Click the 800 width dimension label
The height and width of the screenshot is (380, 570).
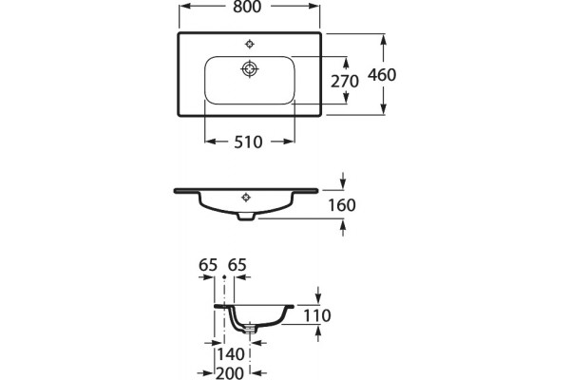[247, 7]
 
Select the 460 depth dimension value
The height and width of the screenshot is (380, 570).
[382, 75]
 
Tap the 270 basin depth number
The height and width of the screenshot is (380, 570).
[345, 82]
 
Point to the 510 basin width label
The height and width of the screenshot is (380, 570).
[248, 142]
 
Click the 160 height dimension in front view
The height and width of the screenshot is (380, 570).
[342, 205]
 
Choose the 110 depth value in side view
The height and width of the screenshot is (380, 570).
[317, 315]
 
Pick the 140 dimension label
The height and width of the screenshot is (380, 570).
[231, 354]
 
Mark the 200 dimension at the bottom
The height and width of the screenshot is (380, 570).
[230, 373]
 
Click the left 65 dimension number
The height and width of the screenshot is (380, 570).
[208, 265]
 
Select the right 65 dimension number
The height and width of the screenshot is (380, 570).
[237, 265]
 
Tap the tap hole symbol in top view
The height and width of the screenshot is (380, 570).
[249, 45]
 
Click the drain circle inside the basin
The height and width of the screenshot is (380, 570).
[250, 68]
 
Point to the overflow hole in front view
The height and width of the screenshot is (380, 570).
[246, 197]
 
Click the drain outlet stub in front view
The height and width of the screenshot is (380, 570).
[246, 217]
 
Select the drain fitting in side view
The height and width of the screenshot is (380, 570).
[250, 329]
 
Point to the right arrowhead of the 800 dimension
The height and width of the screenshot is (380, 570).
[313, 6]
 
